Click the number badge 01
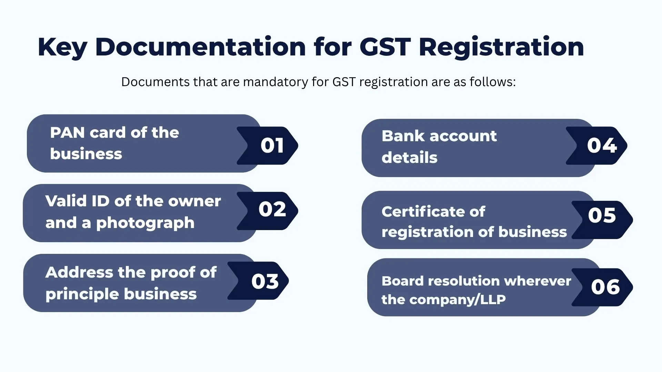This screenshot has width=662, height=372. pyautogui.click(x=272, y=145)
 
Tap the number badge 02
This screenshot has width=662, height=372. pyautogui.click(x=272, y=209)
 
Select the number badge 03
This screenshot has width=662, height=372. pyautogui.click(x=264, y=281)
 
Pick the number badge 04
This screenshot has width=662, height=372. pyautogui.click(x=602, y=145)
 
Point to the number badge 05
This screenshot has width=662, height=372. pyautogui.click(x=602, y=216)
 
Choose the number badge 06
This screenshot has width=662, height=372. pyautogui.click(x=605, y=287)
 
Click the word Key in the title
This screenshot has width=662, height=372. pyautogui.click(x=62, y=47)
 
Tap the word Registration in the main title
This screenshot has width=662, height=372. pyautogui.click(x=501, y=47)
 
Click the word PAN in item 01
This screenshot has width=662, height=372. pyautogui.click(x=67, y=133)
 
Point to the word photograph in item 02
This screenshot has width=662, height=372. pyautogui.click(x=145, y=223)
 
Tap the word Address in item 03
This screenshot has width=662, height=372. pyautogui.click(x=79, y=272)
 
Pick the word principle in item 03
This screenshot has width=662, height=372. pyautogui.click(x=82, y=294)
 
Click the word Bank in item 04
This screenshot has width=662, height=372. pyautogui.click(x=403, y=136)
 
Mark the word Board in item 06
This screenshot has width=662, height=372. pyautogui.click(x=402, y=281)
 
